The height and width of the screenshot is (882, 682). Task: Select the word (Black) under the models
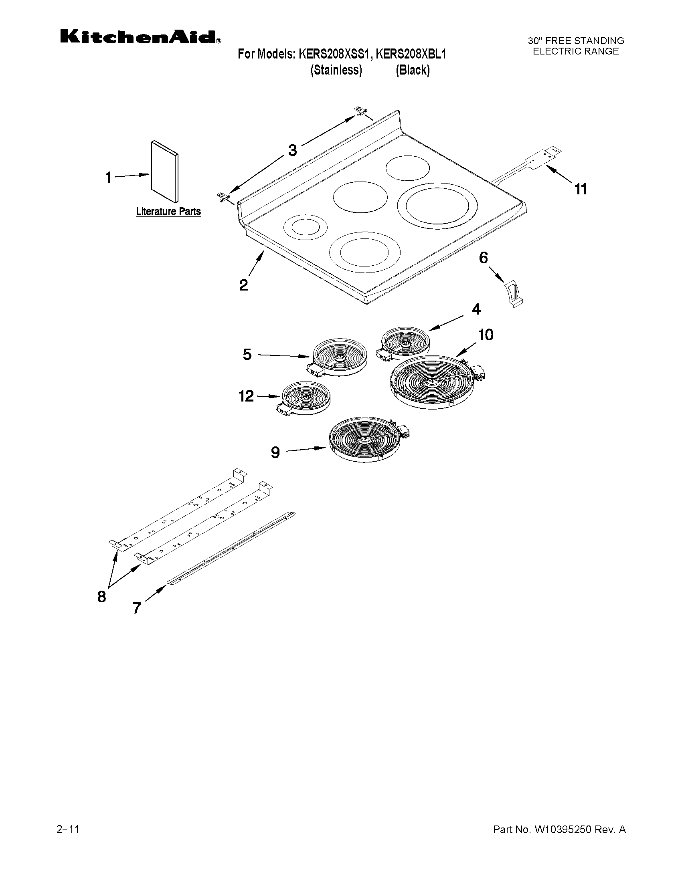click(x=413, y=70)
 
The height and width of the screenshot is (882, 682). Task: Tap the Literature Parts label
click(x=168, y=211)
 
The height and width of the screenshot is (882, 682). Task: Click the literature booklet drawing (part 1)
click(x=164, y=172)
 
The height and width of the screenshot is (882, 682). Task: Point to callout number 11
click(x=580, y=189)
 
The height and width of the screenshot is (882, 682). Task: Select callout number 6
click(x=483, y=258)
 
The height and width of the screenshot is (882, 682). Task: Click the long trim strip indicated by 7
click(x=231, y=549)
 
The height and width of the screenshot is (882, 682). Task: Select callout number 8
click(x=101, y=596)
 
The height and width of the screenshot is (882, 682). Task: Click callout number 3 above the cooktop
click(x=292, y=150)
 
